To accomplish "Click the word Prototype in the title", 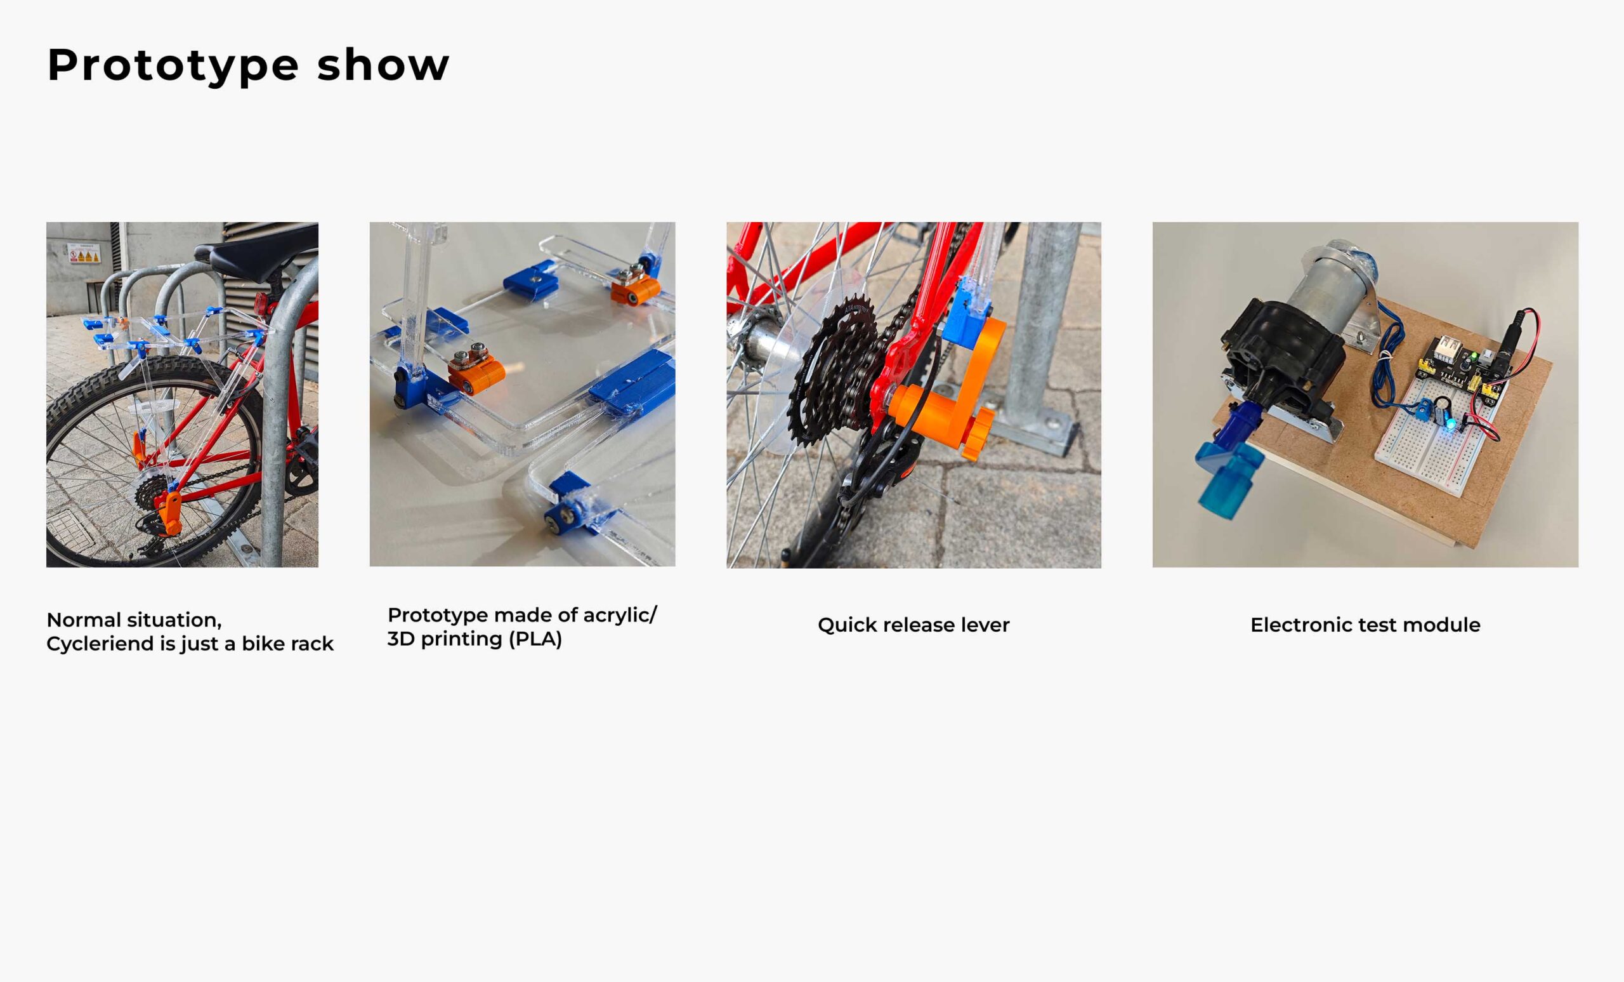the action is [x=173, y=66].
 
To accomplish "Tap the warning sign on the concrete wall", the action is [x=84, y=254].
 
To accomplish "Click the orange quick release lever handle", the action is [x=949, y=395].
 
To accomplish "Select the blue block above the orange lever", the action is [x=967, y=314].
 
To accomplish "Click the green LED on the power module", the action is [x=1474, y=357].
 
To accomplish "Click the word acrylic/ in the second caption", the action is [x=620, y=616].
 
